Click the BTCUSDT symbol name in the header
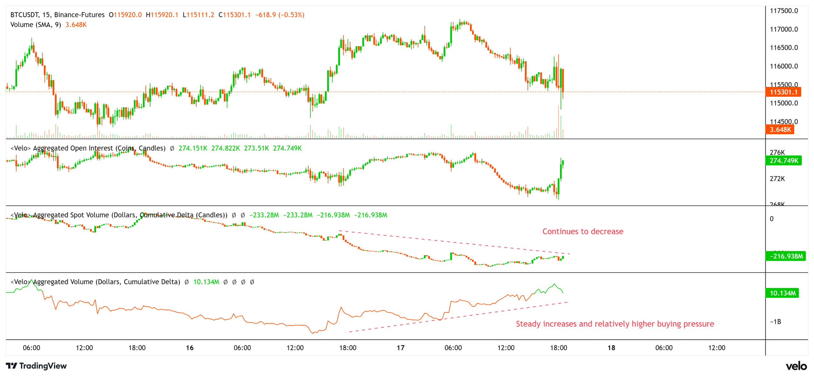[24, 15]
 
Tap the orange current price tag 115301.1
[783, 92]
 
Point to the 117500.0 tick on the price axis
[783, 11]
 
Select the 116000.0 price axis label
[783, 66]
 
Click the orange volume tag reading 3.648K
[780, 130]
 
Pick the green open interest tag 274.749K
[783, 160]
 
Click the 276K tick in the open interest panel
[777, 153]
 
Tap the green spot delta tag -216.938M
[785, 256]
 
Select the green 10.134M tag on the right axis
[782, 293]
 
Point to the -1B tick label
[775, 322]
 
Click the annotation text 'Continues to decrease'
[583, 231]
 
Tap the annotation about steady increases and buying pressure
[615, 324]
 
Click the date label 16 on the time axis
[190, 348]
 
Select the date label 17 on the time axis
[401, 348]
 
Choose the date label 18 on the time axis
[611, 348]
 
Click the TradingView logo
[36, 366]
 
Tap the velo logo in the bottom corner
[796, 366]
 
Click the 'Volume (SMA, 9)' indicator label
[36, 25]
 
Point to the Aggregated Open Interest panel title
[88, 148]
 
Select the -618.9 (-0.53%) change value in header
[279, 15]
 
